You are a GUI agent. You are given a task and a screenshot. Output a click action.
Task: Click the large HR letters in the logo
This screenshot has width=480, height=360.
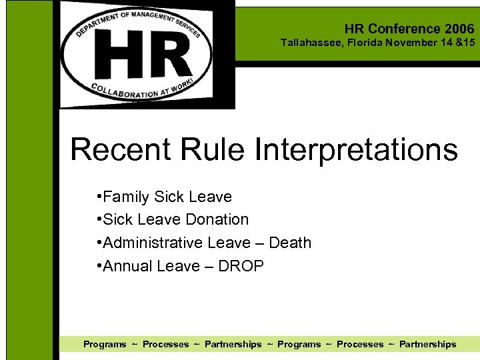[x=144, y=55]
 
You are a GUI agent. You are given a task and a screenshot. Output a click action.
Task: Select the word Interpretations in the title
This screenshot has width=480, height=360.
[x=356, y=149]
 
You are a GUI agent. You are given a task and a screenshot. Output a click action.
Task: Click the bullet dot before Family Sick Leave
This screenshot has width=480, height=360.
[x=99, y=196]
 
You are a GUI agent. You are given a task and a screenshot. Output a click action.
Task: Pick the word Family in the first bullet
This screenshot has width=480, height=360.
[x=127, y=197]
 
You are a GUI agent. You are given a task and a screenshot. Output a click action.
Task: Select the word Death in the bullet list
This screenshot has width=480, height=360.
[x=290, y=243]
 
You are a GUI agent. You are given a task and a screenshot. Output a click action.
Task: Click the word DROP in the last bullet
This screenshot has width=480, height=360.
[x=241, y=266]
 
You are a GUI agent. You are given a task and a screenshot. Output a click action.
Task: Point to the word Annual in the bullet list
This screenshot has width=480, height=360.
[x=128, y=266]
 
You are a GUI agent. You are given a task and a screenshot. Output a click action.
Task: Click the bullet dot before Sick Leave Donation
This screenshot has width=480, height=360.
[x=99, y=219]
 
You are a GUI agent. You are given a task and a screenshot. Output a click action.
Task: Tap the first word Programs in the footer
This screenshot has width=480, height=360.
[x=105, y=344]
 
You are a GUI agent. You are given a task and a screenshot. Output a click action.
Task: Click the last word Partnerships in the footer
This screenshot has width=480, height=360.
[x=427, y=344]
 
